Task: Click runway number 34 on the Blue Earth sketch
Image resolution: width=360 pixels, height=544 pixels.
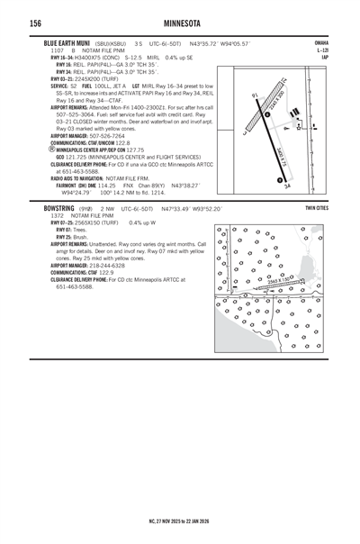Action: point(287,187)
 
